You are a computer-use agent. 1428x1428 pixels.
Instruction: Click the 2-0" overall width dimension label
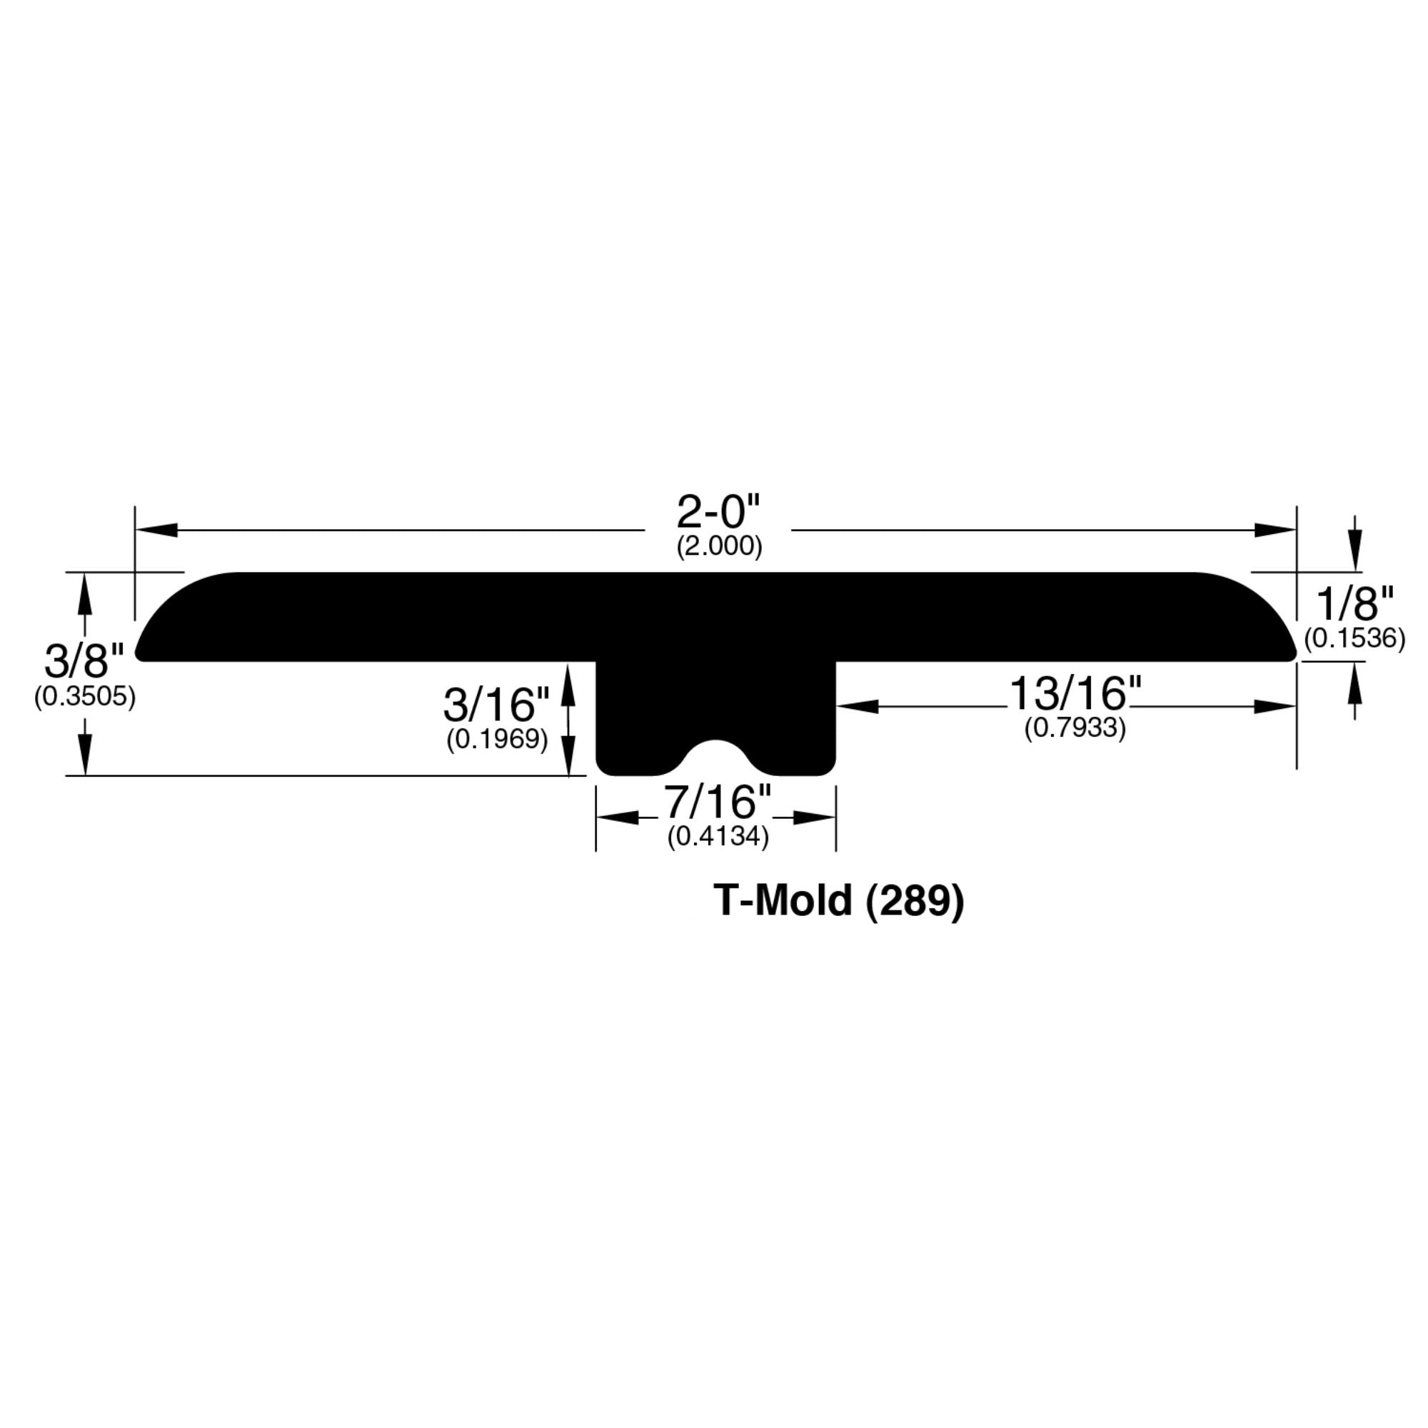[718, 511]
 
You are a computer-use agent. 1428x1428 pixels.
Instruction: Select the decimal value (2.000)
[718, 546]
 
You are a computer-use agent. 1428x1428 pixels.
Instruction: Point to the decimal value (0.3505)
[85, 697]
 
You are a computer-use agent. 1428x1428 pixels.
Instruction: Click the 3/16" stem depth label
[496, 705]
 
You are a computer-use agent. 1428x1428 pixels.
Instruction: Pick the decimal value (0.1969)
[497, 739]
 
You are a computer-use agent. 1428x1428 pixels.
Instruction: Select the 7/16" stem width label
[717, 801]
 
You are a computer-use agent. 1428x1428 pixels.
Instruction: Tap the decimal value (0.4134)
[718, 836]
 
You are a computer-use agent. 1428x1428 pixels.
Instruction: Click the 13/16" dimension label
[1075, 694]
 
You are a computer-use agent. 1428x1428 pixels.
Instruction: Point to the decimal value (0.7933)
[1075, 729]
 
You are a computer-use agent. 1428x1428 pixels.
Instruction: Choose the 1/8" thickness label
[1355, 604]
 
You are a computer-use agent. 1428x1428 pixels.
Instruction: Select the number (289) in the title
[915, 902]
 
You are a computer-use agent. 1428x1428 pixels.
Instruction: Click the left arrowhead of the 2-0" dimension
[156, 530]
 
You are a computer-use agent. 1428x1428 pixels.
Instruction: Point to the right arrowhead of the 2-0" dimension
[1275, 530]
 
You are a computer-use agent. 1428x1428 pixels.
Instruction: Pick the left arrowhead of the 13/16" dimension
[858, 707]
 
